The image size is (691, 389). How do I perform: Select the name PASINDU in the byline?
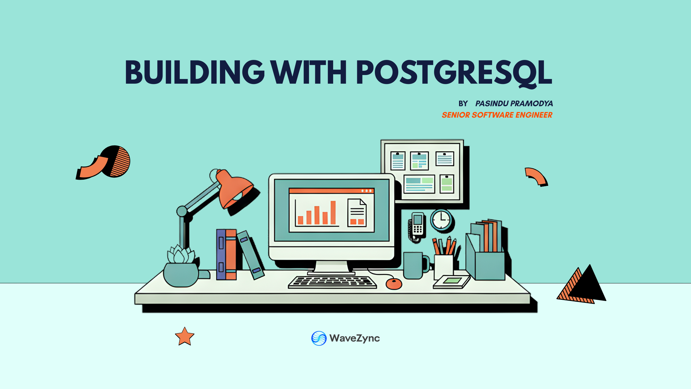[492, 103]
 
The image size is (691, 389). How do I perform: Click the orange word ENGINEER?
[534, 115]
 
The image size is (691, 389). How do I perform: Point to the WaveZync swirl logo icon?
[319, 338]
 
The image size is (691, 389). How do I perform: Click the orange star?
[184, 337]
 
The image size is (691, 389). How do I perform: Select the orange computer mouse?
[394, 283]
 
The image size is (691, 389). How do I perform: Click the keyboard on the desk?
[332, 282]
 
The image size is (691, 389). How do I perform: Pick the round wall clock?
[441, 220]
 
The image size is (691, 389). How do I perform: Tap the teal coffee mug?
[414, 265]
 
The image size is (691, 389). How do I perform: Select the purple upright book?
[221, 254]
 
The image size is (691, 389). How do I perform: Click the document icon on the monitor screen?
[357, 213]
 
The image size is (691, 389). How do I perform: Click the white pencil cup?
[444, 266]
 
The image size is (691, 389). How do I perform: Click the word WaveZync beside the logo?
[354, 338]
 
